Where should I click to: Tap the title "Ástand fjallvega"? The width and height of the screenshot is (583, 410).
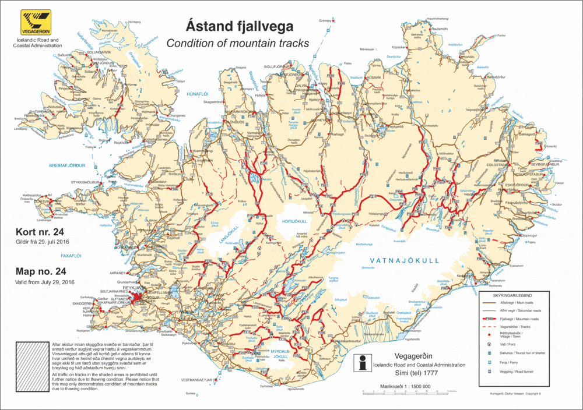point(240,26)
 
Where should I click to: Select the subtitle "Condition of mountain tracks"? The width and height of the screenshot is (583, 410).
point(237,43)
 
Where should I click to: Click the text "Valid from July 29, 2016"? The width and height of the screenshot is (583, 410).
point(45,282)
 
